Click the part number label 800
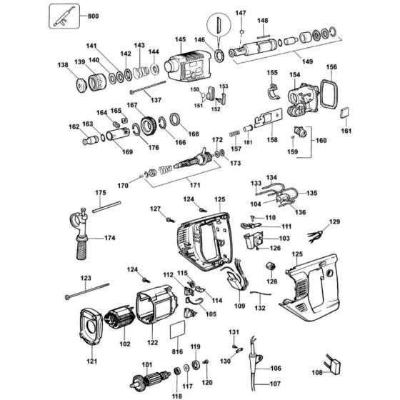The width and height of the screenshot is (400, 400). pyautogui.click(x=93, y=15)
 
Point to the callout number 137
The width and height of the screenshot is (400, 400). pyautogui.click(x=155, y=99)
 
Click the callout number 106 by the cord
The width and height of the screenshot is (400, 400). pyautogui.click(x=275, y=369)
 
